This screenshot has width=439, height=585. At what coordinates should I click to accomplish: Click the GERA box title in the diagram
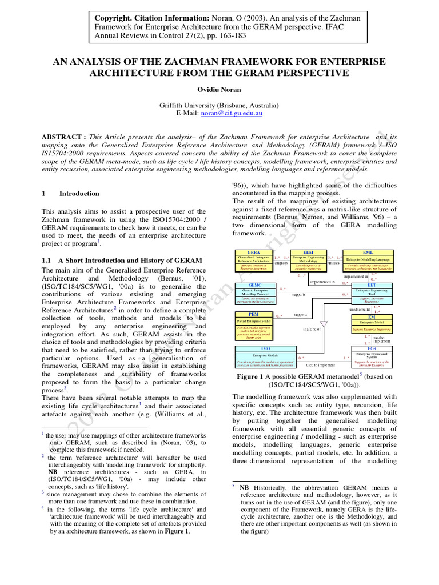253,252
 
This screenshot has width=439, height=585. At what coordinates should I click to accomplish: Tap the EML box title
368,252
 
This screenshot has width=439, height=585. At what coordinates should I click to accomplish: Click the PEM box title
253,315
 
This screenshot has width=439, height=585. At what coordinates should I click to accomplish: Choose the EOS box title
372,348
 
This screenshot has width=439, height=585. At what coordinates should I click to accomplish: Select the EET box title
372,285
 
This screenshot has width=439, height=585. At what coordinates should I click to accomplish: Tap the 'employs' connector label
281,263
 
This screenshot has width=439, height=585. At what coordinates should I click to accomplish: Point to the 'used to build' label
360,310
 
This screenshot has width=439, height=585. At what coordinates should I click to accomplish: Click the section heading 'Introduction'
79,194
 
